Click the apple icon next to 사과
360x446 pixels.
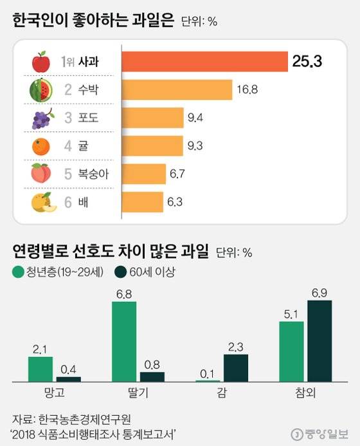click(40, 62)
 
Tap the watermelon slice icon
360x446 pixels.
click(40, 90)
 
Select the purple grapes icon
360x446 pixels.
click(41, 118)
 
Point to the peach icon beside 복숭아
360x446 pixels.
click(40, 174)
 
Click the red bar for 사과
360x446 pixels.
click(204, 62)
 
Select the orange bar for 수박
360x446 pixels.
click(176, 90)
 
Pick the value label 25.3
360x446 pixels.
click(306, 62)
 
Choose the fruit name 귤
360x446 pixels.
click(84, 146)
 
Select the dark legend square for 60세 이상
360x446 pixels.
click(120, 272)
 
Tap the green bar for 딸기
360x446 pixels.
click(124, 342)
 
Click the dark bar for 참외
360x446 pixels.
click(319, 341)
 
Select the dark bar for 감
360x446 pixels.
click(235, 367)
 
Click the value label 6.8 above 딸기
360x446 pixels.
click(124, 294)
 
